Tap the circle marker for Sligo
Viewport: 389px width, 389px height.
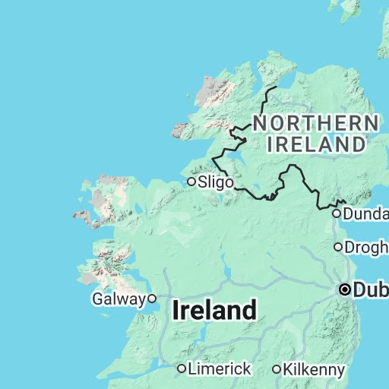coord(191,181)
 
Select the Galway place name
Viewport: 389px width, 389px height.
coord(118,299)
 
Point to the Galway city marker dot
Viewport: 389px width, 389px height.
coord(152,299)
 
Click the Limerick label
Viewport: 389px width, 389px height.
coord(220,368)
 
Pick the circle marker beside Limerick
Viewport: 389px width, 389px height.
coord(182,368)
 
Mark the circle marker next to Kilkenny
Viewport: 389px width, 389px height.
coord(277,369)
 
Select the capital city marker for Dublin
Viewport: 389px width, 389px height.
coord(346,289)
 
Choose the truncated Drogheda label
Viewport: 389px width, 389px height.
coord(366,247)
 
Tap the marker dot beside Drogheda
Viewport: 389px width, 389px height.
coord(339,247)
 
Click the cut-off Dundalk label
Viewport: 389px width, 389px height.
coord(365,214)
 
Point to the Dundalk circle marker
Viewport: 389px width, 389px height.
coord(337,214)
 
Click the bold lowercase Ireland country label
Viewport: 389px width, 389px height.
coord(214,310)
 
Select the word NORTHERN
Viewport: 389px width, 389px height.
coord(315,124)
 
